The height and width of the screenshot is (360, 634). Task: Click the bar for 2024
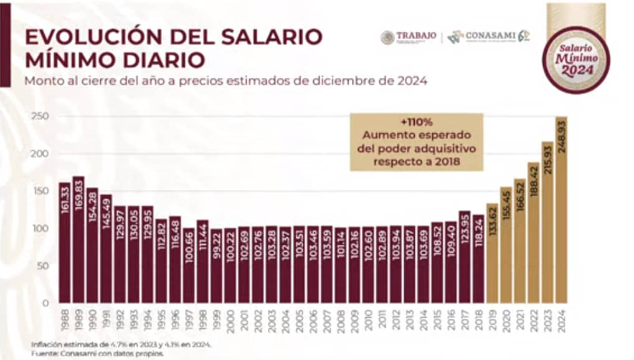click(x=561, y=212)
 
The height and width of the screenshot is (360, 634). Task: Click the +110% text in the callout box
click(x=416, y=122)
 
